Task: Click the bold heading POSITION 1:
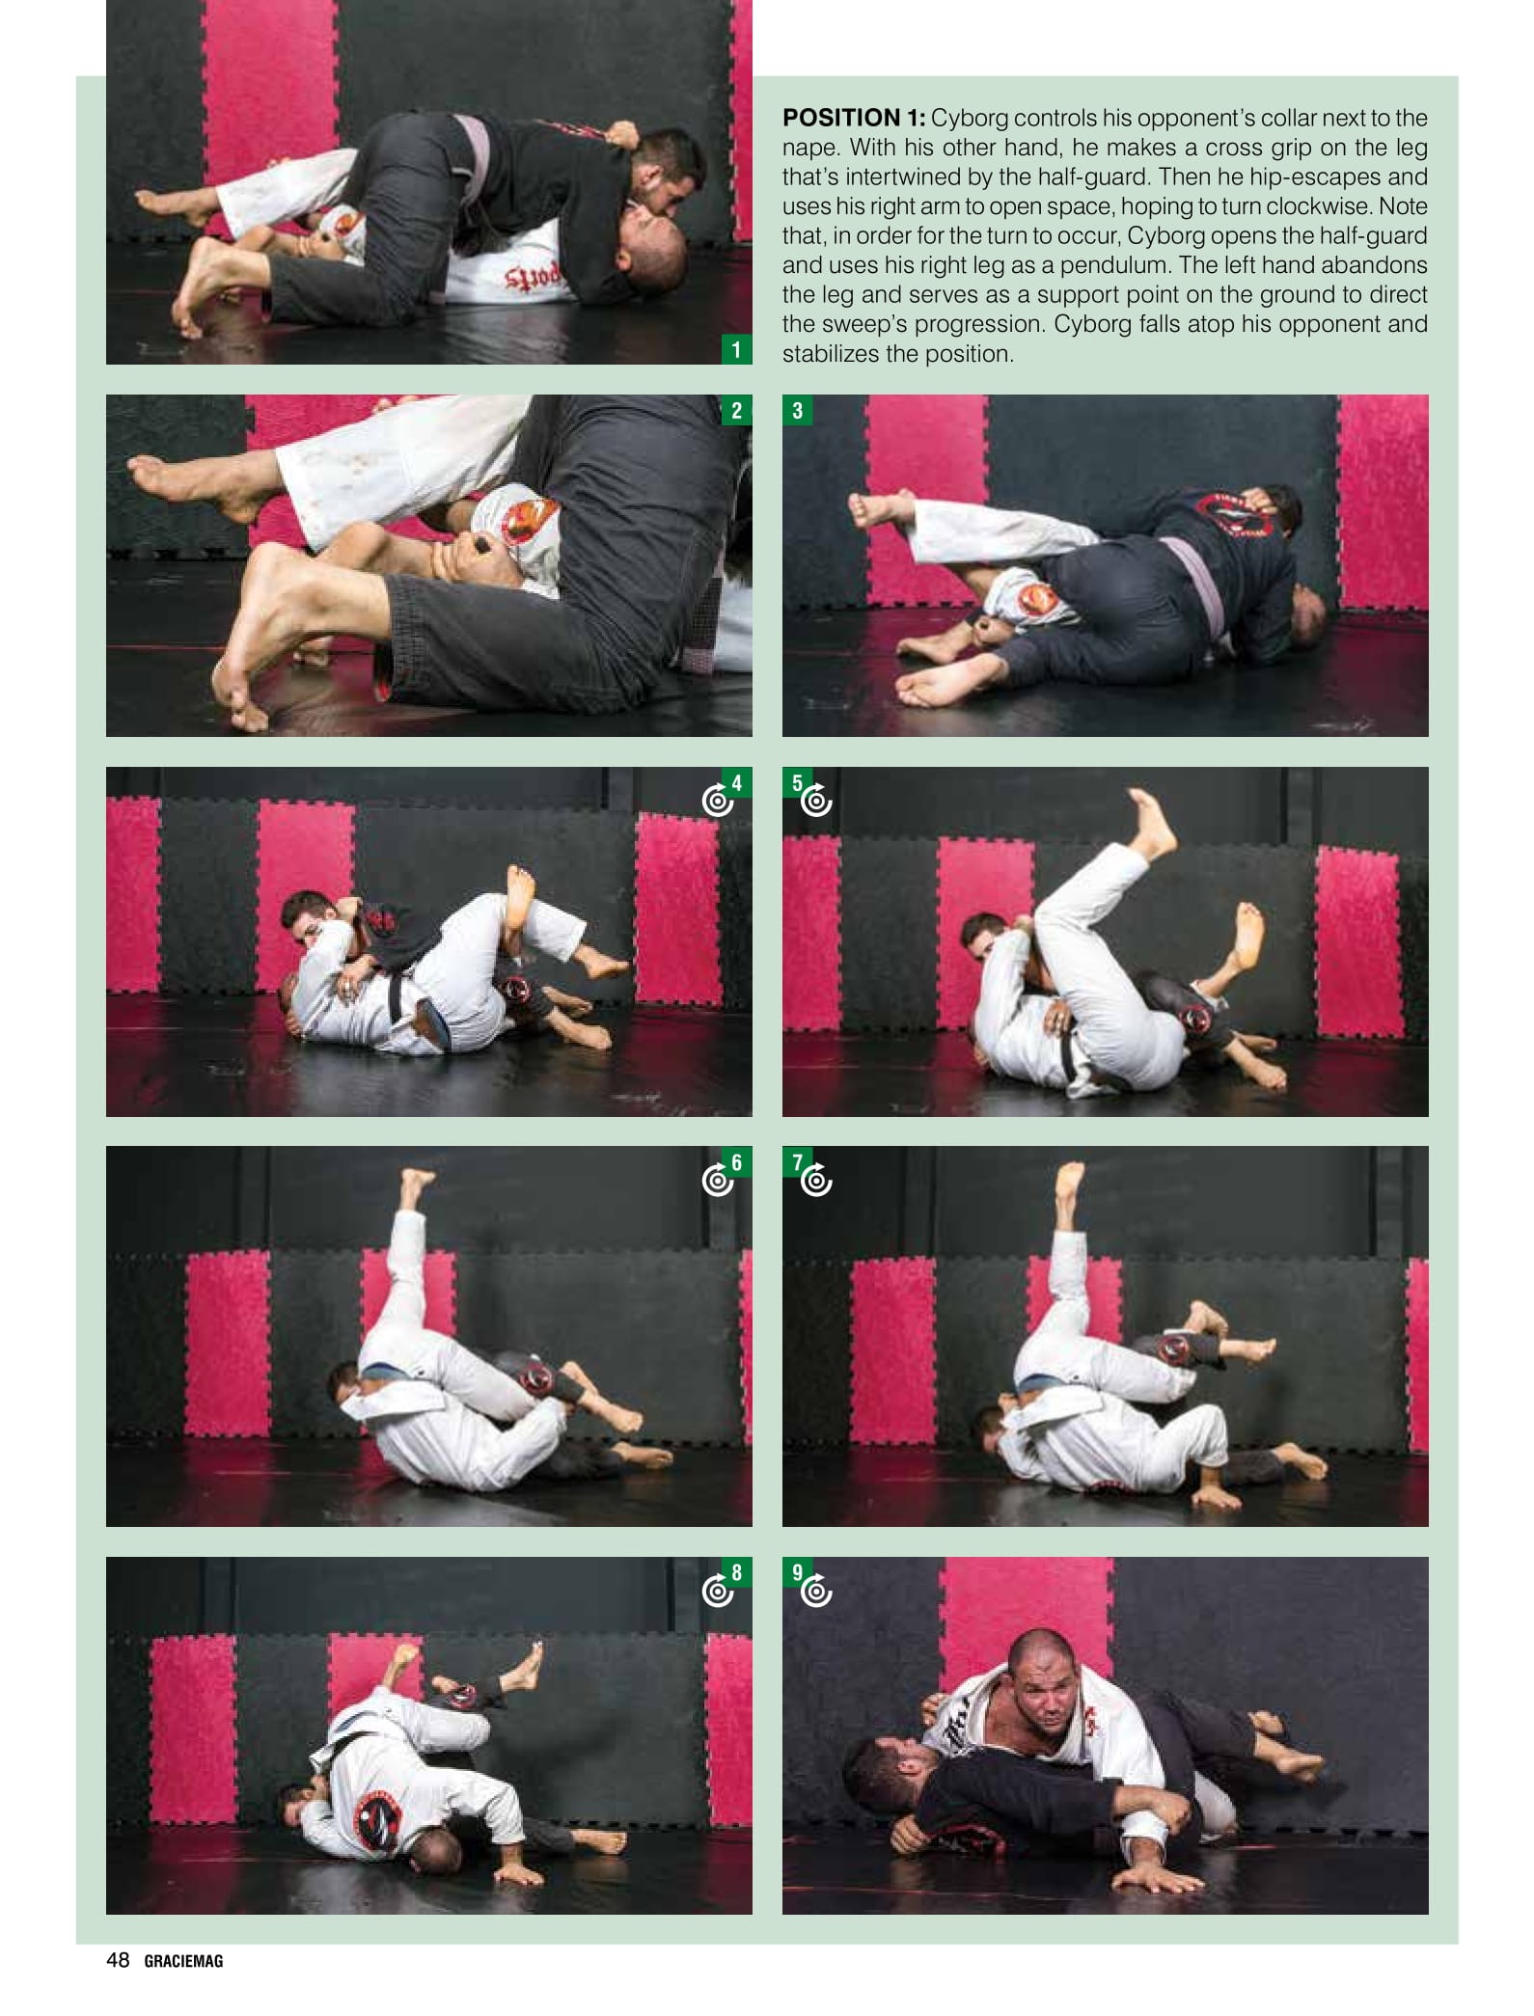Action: click(x=853, y=119)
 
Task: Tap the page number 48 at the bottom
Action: click(x=118, y=1959)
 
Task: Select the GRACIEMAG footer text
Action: click(x=183, y=1960)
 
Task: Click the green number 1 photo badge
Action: click(x=736, y=349)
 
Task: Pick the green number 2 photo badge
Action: click(x=736, y=410)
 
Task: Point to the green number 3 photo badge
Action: click(x=798, y=410)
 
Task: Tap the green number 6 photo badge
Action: click(x=737, y=1162)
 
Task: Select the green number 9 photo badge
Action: click(x=797, y=1572)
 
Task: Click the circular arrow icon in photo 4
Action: click(x=717, y=801)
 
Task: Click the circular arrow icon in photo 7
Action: click(x=817, y=1181)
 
